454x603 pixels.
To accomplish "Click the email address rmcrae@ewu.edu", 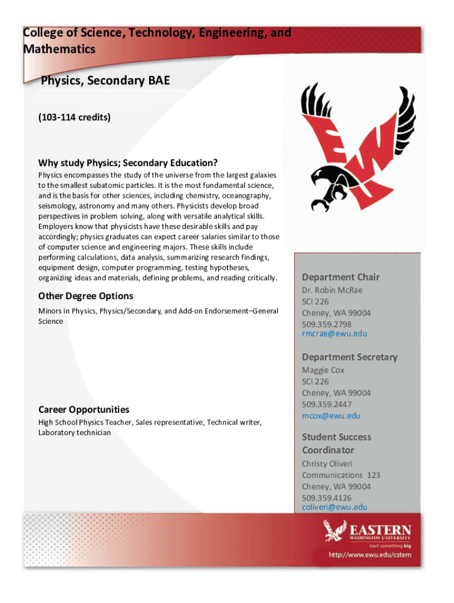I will coord(334,334).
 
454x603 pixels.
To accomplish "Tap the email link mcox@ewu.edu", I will coord(331,416).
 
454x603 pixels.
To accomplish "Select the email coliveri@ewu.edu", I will coord(334,507).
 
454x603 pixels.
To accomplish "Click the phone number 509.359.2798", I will coord(327,324).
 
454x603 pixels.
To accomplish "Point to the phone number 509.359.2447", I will coord(327,405).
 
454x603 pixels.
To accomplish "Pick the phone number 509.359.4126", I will coord(327,498).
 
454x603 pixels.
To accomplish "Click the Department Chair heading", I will coord(341,277).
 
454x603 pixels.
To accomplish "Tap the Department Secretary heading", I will coord(350,357).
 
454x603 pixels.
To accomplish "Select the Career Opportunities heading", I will coord(84,409).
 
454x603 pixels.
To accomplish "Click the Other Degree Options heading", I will coord(85,296).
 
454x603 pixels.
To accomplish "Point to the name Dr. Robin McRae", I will coord(332,290).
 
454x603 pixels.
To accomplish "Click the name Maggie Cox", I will coord(323,370).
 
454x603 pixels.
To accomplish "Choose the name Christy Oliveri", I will coord(327,463).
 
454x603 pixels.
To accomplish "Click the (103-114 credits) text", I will coord(74,118).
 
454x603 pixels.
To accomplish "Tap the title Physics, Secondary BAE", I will coord(105,81).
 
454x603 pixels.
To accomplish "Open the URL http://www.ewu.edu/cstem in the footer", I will coord(370,555).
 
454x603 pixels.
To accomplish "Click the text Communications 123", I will coord(341,475).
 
